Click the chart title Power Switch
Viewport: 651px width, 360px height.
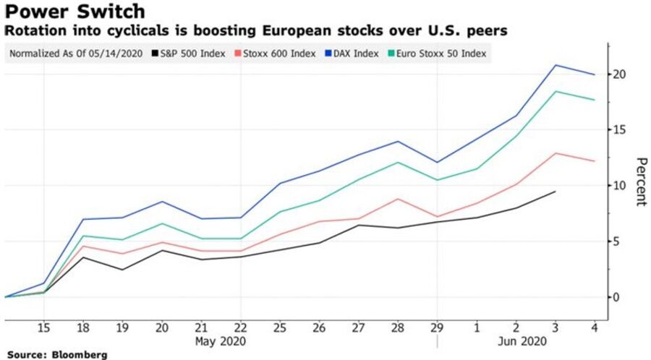73,12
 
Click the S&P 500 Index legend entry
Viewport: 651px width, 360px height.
189,53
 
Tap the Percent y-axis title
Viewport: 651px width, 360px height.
639,181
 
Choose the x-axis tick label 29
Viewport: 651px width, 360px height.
437,327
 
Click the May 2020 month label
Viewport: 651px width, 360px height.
221,340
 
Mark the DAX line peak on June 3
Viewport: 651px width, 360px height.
556,65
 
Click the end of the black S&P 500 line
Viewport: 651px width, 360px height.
556,192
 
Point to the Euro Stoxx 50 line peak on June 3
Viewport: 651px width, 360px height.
556,91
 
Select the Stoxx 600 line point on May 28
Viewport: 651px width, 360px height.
398,199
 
